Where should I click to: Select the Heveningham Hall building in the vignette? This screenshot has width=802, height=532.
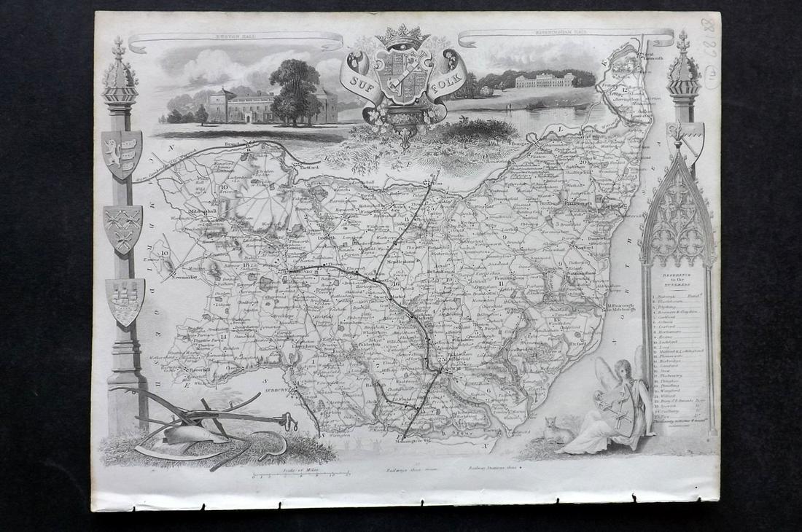click(545, 81)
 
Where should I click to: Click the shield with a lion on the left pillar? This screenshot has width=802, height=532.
click(121, 154)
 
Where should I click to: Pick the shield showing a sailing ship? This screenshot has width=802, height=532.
click(124, 300)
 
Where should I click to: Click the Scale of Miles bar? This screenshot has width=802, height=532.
click(292, 479)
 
